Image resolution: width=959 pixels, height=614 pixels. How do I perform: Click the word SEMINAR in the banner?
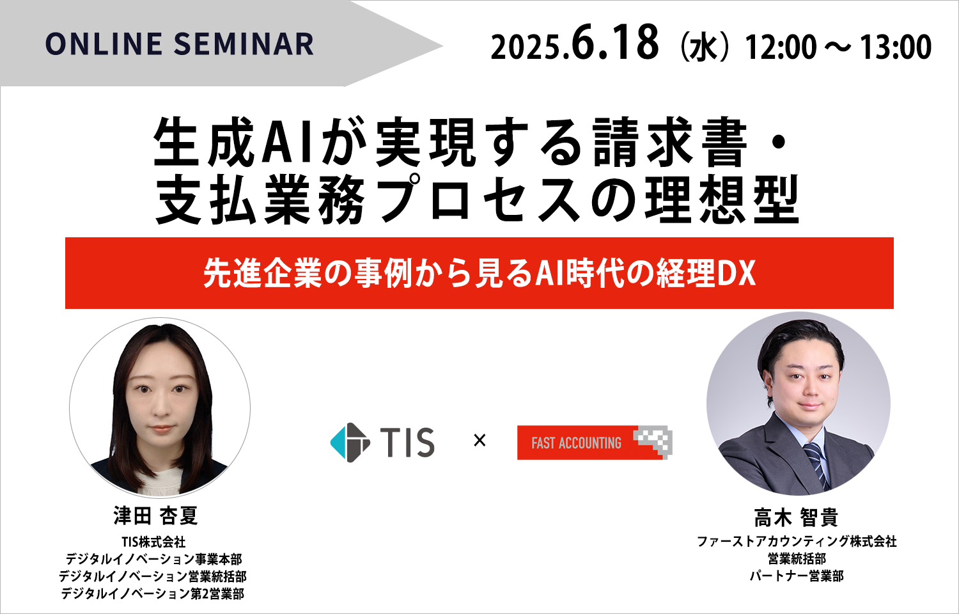click(244, 45)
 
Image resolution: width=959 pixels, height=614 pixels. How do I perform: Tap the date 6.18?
click(615, 43)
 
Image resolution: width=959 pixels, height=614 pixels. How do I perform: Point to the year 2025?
click(526, 48)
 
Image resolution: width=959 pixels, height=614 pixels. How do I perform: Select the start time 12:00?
click(781, 47)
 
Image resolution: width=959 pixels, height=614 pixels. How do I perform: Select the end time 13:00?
click(896, 47)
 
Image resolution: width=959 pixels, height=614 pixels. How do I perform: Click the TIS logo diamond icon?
click(350, 443)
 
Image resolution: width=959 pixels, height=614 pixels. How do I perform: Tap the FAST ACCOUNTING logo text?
click(576, 443)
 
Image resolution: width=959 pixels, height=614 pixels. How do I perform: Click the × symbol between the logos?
click(480, 441)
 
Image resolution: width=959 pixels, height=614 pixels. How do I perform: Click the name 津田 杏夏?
click(155, 516)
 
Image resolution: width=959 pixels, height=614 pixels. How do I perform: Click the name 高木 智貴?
click(796, 517)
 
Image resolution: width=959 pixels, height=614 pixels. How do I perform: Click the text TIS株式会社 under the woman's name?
click(153, 542)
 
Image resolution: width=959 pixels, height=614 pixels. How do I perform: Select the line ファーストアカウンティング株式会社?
click(797, 542)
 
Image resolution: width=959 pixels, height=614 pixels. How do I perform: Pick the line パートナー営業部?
click(797, 576)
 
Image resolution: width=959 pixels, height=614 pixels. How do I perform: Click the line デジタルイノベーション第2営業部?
click(153, 594)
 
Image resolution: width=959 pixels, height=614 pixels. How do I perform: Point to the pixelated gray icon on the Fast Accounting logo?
click(654, 441)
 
